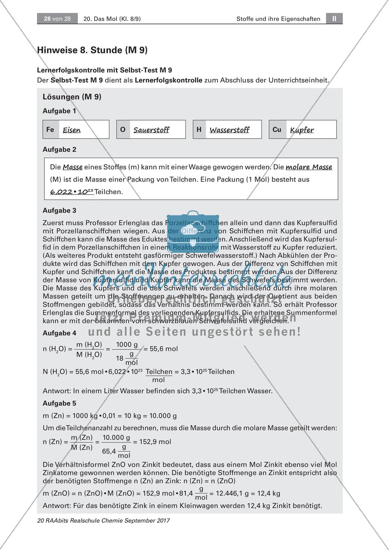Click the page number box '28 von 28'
tap(57, 19)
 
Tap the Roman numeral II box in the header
tap(334, 19)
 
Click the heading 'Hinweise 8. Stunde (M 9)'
tap(92, 50)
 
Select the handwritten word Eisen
tap(72, 130)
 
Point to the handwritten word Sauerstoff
tap(151, 130)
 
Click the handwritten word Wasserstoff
tap(229, 130)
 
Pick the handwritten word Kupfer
tap(302, 130)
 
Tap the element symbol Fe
tap(50, 130)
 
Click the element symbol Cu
tap(277, 130)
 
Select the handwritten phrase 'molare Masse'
tap(309, 167)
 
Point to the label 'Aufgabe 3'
tap(59, 210)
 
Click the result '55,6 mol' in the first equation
tap(164, 349)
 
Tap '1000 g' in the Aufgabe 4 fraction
tap(127, 345)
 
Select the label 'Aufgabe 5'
tap(59, 403)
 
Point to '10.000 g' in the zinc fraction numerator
tap(117, 438)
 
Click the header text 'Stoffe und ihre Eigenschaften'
tap(278, 19)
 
